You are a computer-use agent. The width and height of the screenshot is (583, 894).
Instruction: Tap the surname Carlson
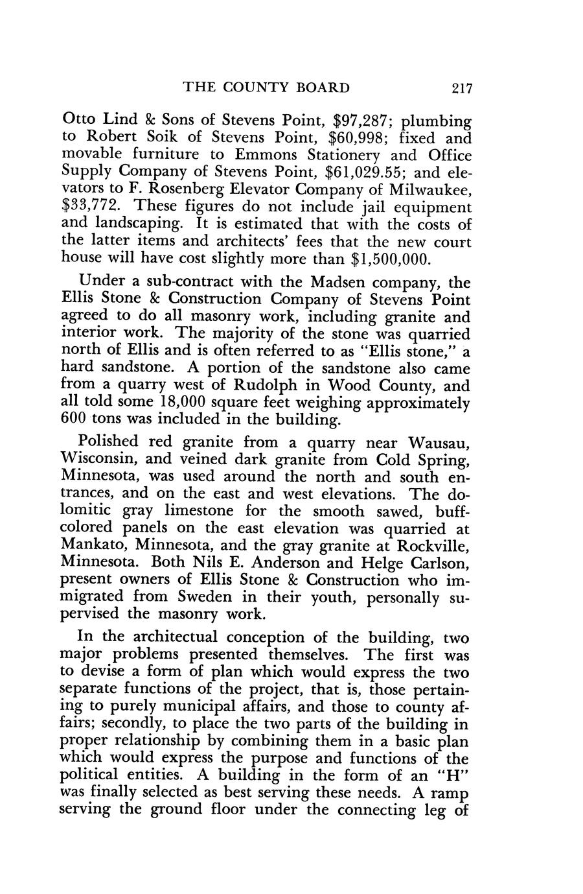coord(430,562)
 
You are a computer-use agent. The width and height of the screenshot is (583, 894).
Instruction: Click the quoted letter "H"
coord(451,775)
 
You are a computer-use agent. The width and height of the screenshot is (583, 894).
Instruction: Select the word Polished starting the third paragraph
coord(108,442)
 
